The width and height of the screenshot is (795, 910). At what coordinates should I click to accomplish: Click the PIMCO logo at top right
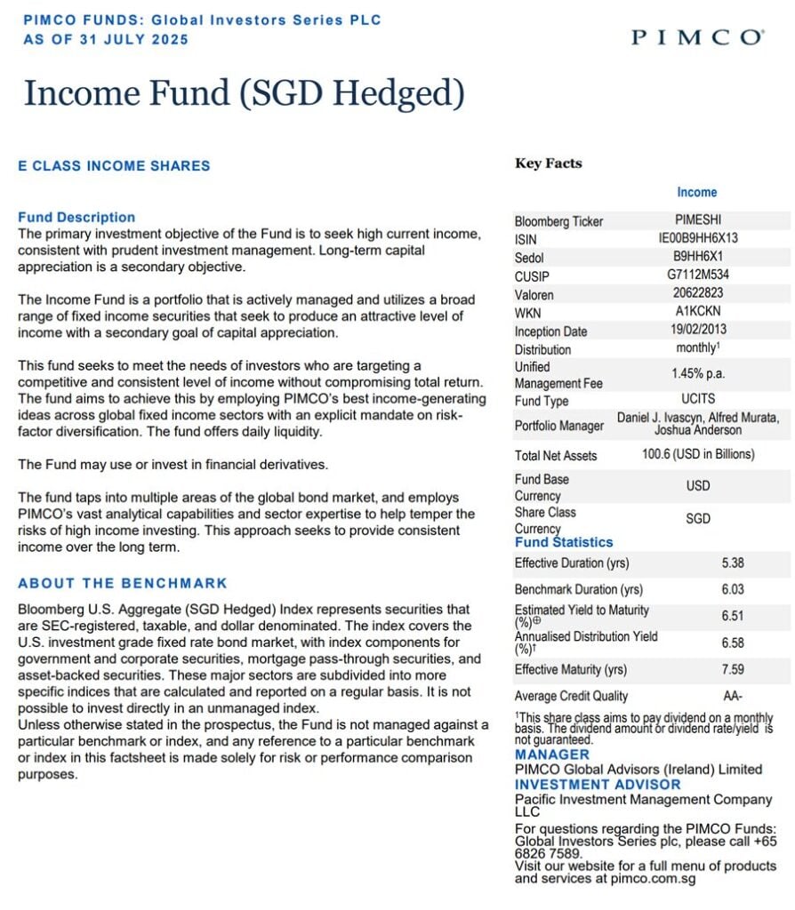tap(696, 37)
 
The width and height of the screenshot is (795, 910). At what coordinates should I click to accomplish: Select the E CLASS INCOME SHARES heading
tap(114, 165)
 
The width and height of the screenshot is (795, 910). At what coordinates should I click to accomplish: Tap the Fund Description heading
tap(76, 217)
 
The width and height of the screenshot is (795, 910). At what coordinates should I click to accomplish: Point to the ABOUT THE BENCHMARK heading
tap(123, 583)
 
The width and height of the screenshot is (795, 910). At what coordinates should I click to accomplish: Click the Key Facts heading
tap(548, 164)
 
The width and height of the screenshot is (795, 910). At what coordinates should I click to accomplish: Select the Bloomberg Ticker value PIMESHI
tap(698, 220)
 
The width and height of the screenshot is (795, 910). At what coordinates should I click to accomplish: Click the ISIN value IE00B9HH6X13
tap(698, 238)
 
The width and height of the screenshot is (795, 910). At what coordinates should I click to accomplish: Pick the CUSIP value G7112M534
tap(698, 275)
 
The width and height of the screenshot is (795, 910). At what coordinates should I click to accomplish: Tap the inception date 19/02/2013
tap(698, 331)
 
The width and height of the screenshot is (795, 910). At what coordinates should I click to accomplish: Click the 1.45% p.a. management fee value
tap(698, 375)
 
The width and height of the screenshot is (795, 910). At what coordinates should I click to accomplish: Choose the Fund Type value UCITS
tap(698, 400)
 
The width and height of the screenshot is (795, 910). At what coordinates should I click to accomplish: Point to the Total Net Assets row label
tap(556, 455)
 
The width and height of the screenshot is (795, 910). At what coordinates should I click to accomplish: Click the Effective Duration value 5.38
tap(733, 563)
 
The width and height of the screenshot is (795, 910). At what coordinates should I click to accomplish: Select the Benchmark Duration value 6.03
tap(733, 589)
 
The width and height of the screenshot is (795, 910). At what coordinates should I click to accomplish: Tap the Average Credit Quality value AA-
tap(733, 696)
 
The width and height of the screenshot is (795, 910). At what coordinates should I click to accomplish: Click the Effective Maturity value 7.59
tap(733, 669)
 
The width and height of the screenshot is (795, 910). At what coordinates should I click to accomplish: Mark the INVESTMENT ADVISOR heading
tap(598, 785)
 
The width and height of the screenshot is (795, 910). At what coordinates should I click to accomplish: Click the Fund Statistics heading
tap(564, 542)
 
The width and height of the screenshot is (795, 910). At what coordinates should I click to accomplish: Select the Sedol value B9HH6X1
tap(698, 257)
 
